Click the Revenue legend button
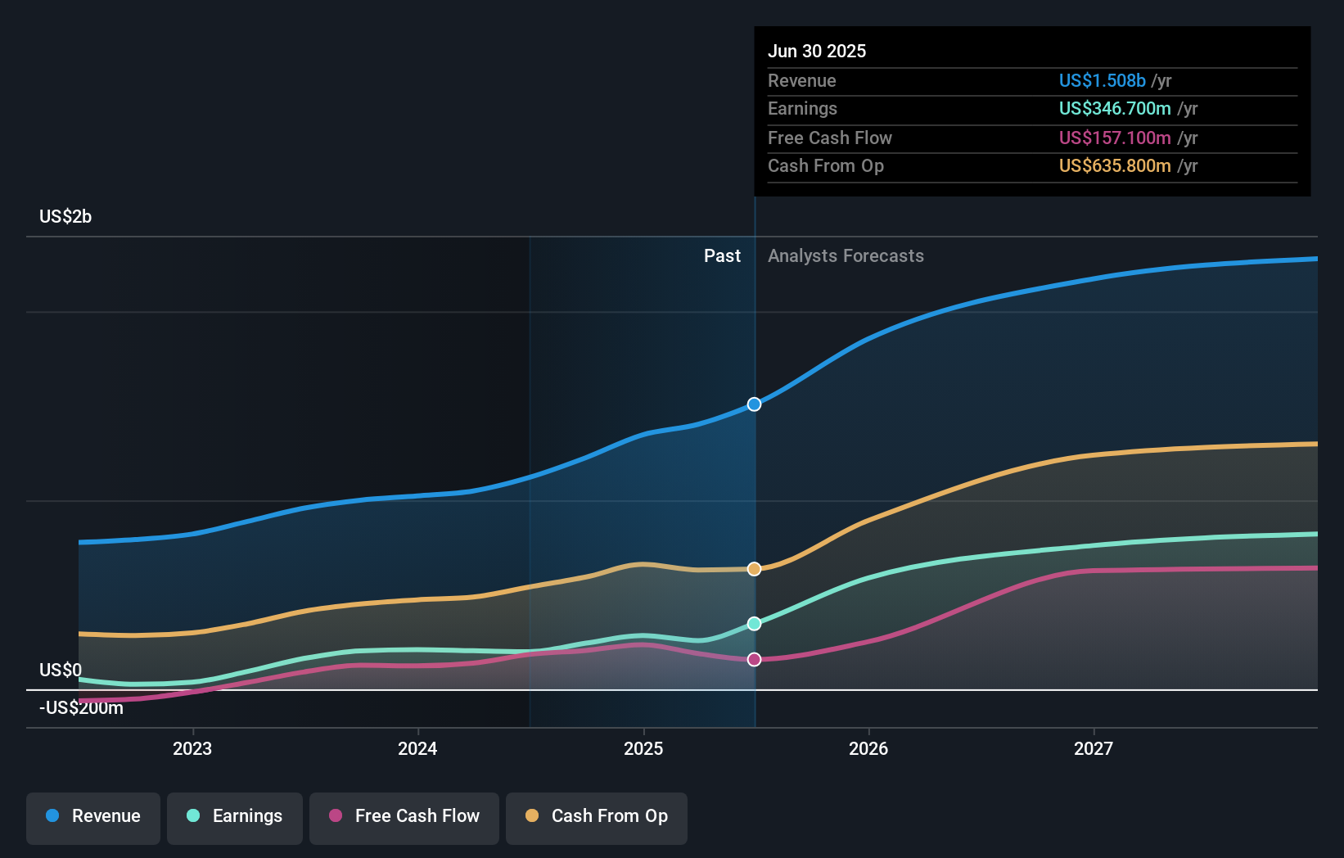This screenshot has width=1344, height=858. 93,816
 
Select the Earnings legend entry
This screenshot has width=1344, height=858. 235,816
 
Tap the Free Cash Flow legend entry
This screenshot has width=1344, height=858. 404,816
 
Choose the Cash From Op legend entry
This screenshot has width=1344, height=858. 597,816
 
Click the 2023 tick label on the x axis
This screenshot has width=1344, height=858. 192,748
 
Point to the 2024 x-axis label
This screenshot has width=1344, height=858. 417,748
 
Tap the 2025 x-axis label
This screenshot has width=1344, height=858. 643,748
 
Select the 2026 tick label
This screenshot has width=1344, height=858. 868,748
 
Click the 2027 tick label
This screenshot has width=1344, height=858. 1094,748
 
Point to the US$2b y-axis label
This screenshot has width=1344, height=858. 65,217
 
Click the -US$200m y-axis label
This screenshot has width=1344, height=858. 81,708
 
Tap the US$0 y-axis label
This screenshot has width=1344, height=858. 61,671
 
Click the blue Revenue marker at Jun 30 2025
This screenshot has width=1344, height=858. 754,404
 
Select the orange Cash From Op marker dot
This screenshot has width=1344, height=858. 754,569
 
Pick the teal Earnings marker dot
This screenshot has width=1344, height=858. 754,624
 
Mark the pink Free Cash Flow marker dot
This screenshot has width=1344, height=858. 754,660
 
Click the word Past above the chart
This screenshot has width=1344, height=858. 722,256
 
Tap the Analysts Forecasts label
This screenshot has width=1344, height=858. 846,256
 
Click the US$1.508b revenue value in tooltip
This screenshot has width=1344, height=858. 1102,80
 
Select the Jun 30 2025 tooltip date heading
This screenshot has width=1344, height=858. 817,51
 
